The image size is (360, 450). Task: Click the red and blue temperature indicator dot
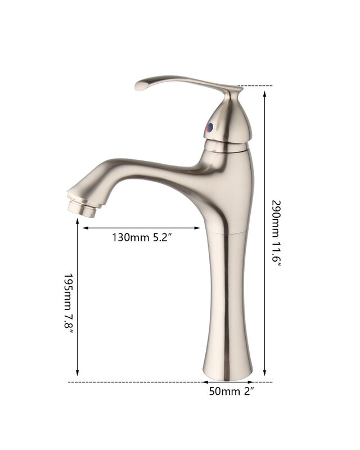point(210,128)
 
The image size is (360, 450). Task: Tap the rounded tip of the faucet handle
point(139,85)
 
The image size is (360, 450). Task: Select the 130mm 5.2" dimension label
point(142,237)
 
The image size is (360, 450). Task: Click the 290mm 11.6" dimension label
point(277,232)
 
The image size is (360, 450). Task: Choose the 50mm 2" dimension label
point(231,391)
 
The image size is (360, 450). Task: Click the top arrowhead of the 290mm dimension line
point(265,94)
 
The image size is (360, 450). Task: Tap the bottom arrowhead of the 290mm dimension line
point(265,372)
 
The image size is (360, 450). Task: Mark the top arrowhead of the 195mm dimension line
point(77,222)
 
